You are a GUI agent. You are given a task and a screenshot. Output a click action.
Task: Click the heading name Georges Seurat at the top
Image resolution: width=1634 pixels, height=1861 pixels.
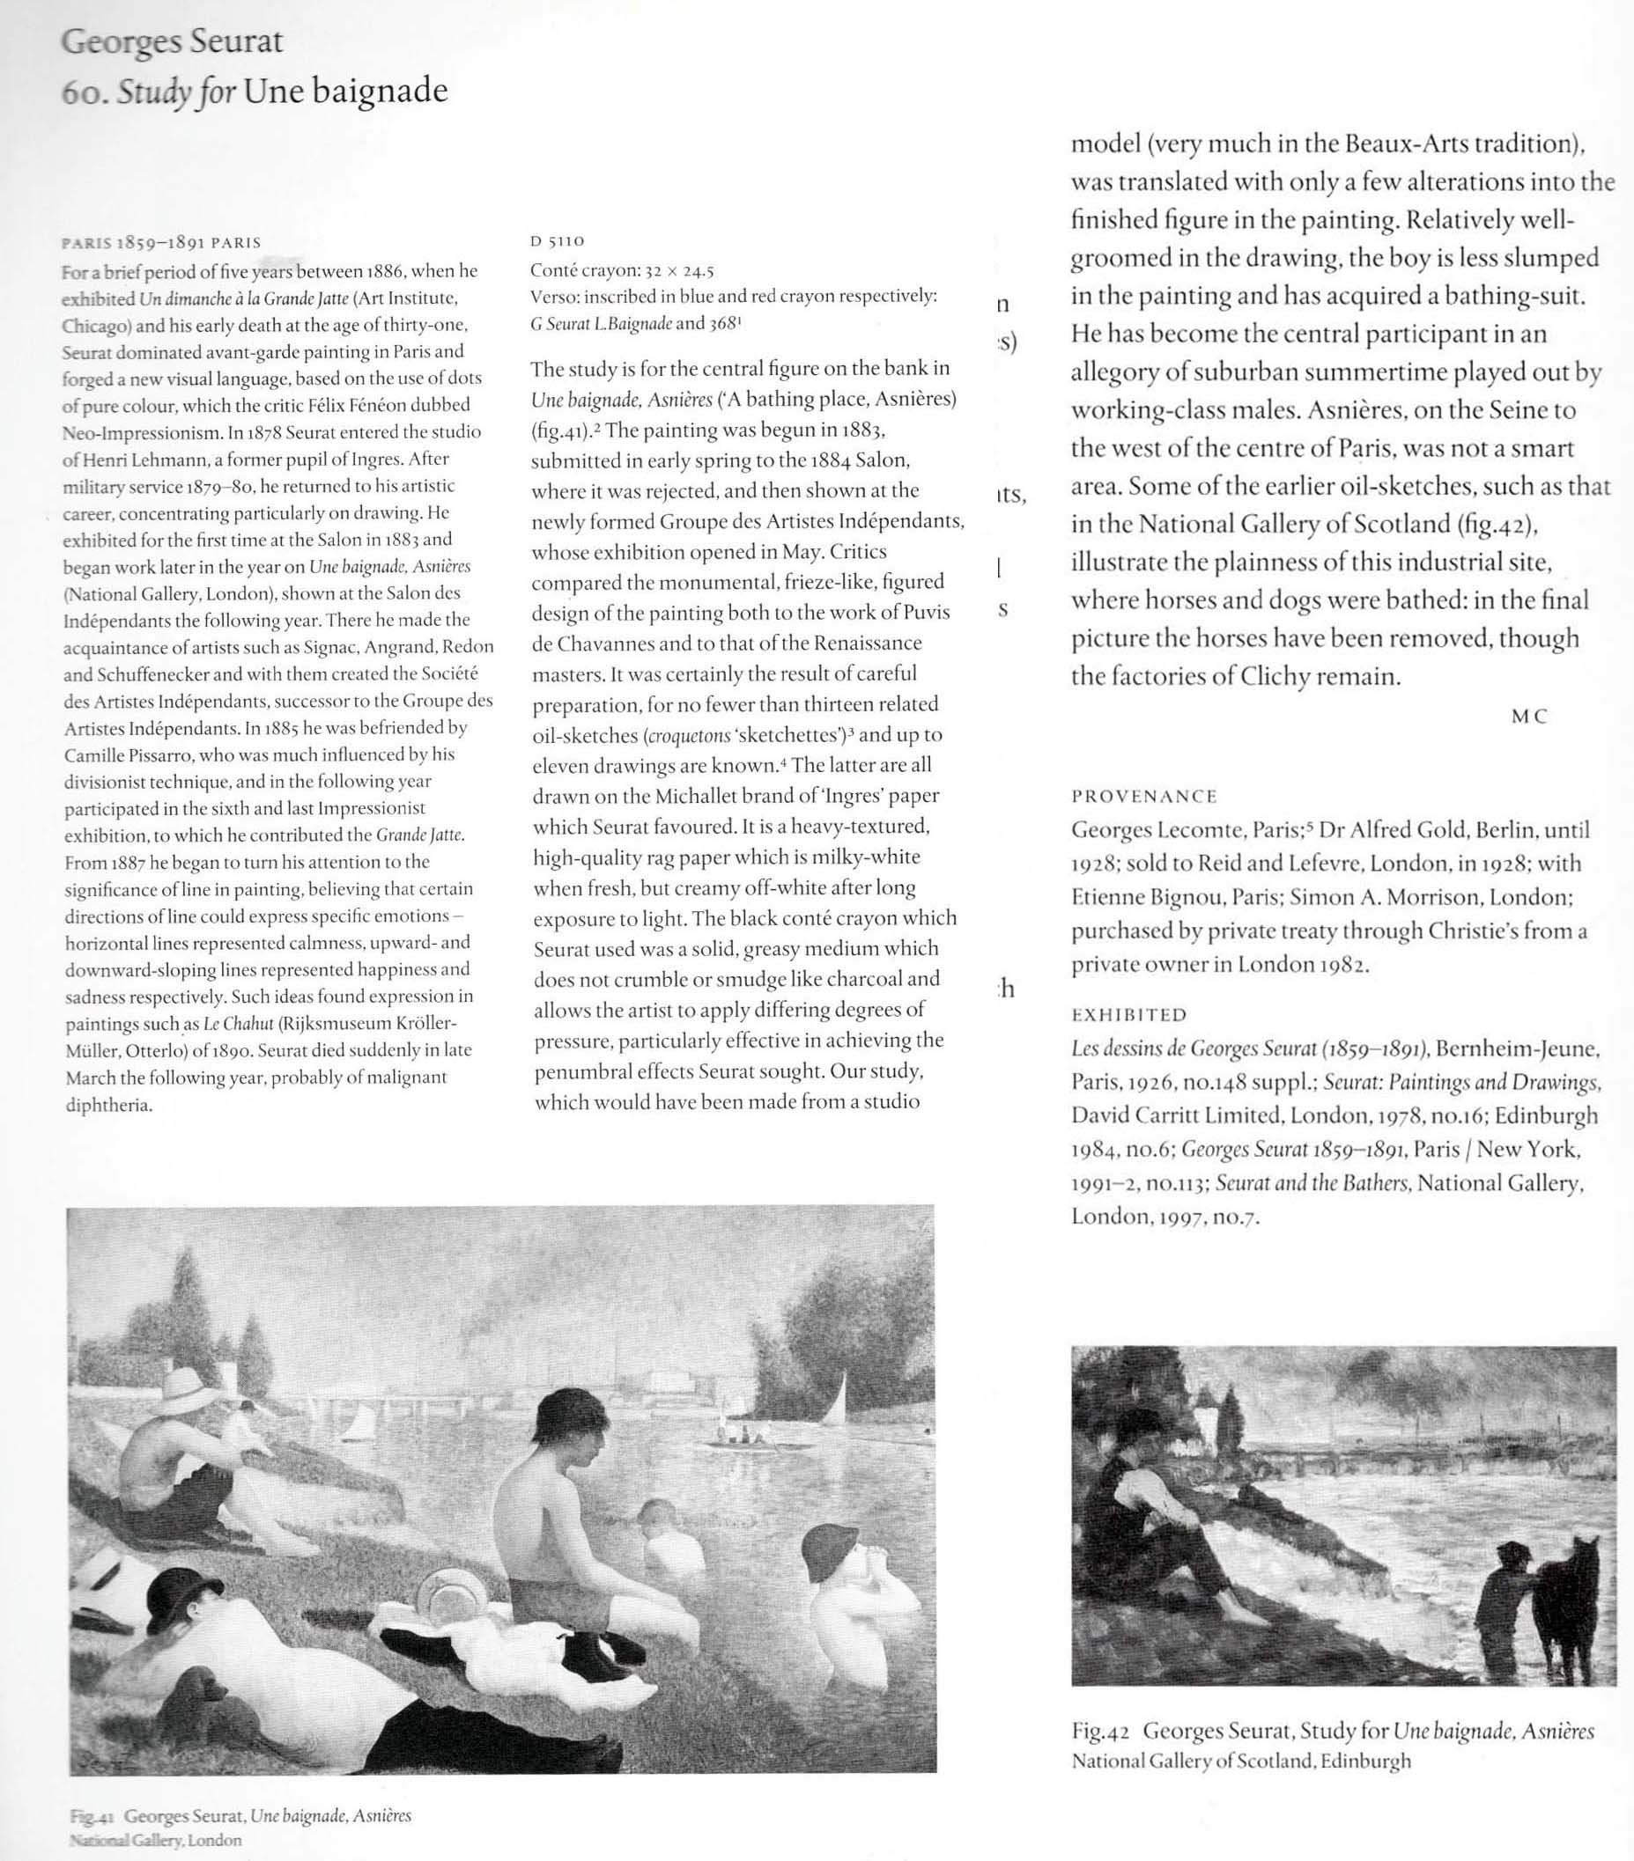click(171, 43)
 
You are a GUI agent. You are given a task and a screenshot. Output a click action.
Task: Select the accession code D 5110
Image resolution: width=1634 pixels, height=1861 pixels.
click(557, 241)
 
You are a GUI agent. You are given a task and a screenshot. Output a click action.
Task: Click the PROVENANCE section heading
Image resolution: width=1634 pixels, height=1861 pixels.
click(1143, 796)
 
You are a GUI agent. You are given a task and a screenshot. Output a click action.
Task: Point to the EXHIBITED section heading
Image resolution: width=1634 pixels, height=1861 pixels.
click(1128, 1014)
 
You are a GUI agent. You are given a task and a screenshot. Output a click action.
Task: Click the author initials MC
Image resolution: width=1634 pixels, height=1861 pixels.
click(1529, 716)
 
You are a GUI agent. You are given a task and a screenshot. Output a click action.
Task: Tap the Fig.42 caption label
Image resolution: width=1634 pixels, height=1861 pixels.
click(1101, 1731)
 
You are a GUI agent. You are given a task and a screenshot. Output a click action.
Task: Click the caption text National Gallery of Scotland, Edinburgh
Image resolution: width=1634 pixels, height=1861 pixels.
click(1240, 1761)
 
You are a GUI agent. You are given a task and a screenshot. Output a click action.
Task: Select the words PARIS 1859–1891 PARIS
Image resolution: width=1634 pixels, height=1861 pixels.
click(160, 243)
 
